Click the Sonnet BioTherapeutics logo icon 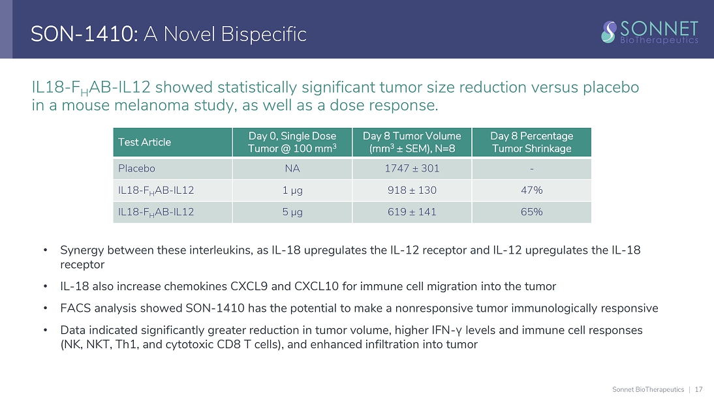[x=609, y=31]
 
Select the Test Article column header [x=144, y=142]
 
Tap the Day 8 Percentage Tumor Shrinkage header [x=531, y=142]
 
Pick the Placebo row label [x=136, y=168]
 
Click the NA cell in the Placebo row [x=292, y=168]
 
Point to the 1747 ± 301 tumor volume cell [x=411, y=168]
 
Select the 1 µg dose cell [x=292, y=190]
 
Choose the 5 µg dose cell [x=292, y=212]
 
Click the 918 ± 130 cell [x=411, y=190]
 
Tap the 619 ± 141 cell [x=411, y=212]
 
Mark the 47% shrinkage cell [x=531, y=190]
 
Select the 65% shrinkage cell [x=531, y=212]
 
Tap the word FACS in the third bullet [x=74, y=308]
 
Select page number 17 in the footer [x=698, y=389]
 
